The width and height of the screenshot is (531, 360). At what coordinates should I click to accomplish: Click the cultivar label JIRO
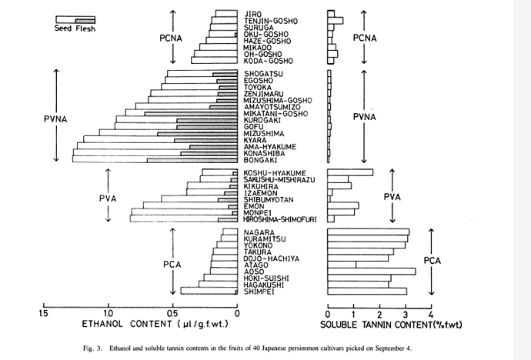(x=253, y=13)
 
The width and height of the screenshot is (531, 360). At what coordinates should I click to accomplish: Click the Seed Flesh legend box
(x=75, y=18)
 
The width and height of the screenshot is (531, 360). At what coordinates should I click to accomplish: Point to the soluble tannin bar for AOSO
(x=372, y=271)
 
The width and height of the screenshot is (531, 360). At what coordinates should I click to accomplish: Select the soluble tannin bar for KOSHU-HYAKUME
(x=350, y=172)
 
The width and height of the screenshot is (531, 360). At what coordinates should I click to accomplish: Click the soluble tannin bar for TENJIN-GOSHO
(x=336, y=21)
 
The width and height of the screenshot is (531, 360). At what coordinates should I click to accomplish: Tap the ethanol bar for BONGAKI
(x=155, y=159)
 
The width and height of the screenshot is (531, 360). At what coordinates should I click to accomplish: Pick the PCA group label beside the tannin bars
(x=432, y=261)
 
